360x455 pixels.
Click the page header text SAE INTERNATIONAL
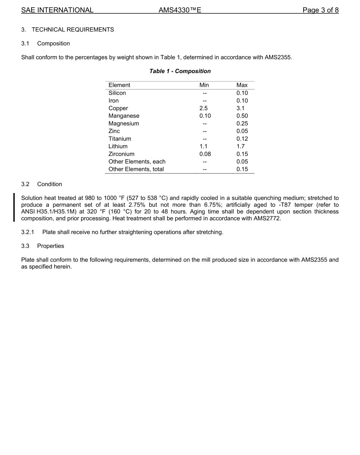(57, 10)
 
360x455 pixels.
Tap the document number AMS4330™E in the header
(180, 10)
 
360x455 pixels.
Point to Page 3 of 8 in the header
(320, 10)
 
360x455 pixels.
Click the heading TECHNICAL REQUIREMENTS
(72, 30)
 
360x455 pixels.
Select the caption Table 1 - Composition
(180, 71)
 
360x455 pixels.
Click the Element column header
(119, 85)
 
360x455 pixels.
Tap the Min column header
(204, 85)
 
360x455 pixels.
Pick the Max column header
(242, 85)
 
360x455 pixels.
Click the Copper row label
(118, 108)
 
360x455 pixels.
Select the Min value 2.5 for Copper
(203, 108)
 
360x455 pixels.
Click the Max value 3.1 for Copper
(240, 108)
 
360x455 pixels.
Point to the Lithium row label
(118, 146)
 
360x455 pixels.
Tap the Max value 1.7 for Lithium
(240, 146)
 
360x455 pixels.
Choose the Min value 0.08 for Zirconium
(205, 154)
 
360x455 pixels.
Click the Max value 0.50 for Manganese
(242, 116)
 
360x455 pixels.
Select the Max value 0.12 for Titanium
(242, 139)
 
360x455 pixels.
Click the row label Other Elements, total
(136, 169)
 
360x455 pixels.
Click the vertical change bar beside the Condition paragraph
(14, 207)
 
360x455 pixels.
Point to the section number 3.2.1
(28, 232)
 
